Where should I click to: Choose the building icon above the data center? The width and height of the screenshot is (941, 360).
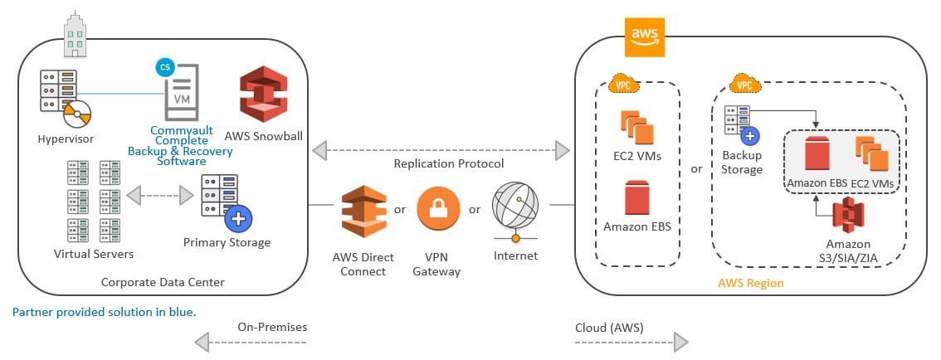[76, 33]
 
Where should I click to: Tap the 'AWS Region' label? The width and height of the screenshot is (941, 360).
[750, 284]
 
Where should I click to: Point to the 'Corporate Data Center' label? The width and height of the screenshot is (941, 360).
[162, 282]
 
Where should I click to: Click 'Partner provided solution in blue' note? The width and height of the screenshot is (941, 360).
[105, 312]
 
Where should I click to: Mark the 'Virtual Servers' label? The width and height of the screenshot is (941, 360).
[93, 254]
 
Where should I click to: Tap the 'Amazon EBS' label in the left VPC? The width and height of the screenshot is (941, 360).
[636, 226]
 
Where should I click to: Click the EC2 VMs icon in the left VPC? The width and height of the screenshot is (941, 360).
[637, 127]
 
